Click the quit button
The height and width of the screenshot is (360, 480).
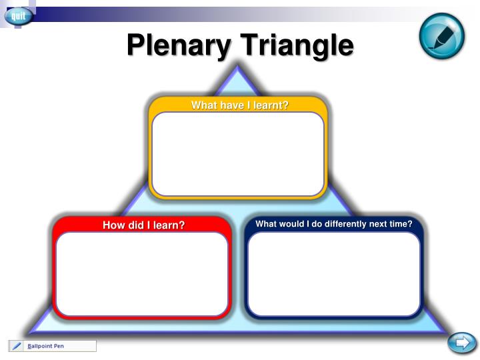(x=18, y=15)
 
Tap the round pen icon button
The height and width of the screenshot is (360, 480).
(x=441, y=35)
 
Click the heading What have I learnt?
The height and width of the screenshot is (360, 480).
(x=239, y=105)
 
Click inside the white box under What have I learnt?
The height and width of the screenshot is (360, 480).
(x=238, y=153)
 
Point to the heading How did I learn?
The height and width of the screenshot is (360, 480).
(x=143, y=225)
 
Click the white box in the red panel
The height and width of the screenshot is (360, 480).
(x=142, y=273)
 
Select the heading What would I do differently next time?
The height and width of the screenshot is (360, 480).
(x=334, y=224)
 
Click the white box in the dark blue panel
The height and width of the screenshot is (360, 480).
(x=334, y=273)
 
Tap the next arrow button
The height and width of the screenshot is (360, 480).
(x=461, y=343)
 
